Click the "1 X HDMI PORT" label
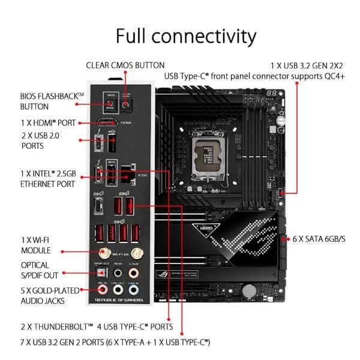(47, 123)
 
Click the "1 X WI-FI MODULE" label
(36, 244)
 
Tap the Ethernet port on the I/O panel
(127, 173)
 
